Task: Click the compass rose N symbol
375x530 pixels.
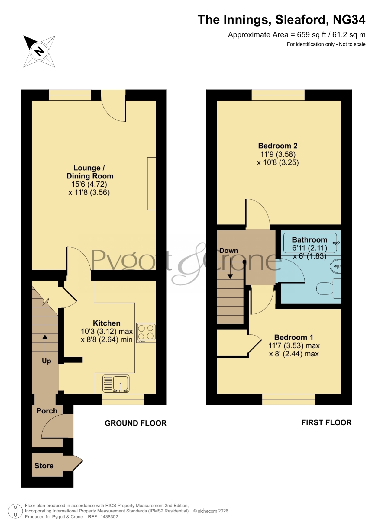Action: click(x=39, y=51)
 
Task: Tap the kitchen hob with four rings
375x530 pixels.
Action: click(x=146, y=333)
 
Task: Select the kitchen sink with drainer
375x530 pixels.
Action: click(x=116, y=384)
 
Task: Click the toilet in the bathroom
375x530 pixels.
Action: click(x=328, y=289)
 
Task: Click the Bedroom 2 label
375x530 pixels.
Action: click(x=278, y=146)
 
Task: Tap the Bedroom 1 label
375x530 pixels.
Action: click(x=293, y=337)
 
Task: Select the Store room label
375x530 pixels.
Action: click(x=44, y=466)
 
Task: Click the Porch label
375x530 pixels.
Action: click(x=47, y=411)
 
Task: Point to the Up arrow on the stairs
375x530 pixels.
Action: click(x=45, y=345)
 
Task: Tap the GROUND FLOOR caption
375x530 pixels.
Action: click(x=136, y=423)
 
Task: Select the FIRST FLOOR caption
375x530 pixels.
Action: click(x=327, y=422)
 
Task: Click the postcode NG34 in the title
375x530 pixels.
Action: click(x=349, y=20)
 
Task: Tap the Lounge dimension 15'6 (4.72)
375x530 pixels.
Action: click(x=89, y=184)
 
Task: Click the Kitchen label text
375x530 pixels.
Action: click(x=107, y=323)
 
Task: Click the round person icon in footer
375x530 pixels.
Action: click(x=15, y=511)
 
